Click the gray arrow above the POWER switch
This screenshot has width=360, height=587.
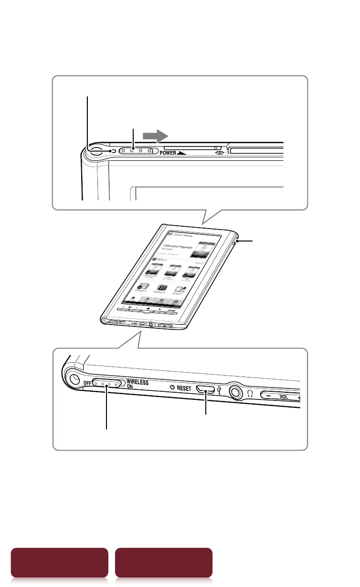pyautogui.click(x=157, y=136)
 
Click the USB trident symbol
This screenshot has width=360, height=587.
pyautogui.click(x=219, y=390)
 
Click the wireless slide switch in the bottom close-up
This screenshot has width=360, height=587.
pyautogui.click(x=109, y=384)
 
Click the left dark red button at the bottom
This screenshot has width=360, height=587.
pyautogui.click(x=60, y=563)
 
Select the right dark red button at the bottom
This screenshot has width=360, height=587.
pyautogui.click(x=164, y=563)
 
